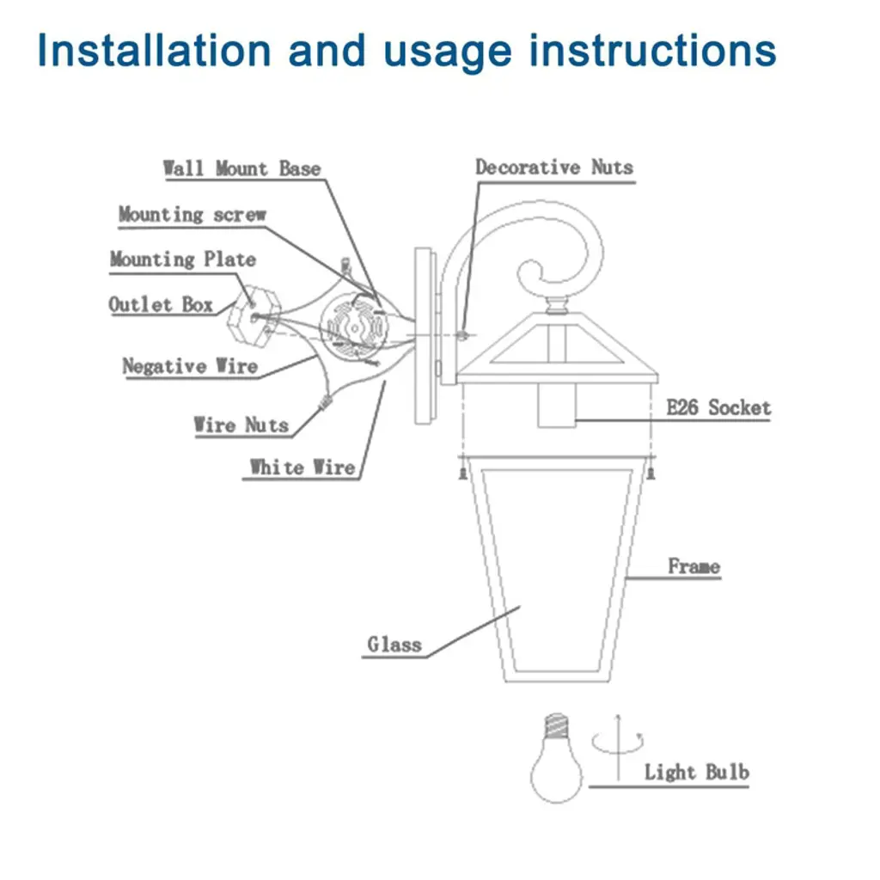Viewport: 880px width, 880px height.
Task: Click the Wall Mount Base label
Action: [241, 168]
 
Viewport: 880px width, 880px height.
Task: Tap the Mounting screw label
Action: [192, 214]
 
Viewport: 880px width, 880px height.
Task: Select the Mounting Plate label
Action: [182, 259]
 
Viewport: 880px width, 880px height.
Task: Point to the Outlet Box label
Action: [161, 304]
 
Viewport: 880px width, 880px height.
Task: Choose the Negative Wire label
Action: [190, 366]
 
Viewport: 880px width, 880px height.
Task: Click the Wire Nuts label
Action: [241, 425]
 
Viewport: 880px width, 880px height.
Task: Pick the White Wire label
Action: [302, 467]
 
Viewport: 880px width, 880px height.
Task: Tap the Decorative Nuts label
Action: [554, 167]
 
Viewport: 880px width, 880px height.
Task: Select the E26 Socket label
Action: [718, 407]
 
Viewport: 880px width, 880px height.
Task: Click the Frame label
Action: [694, 566]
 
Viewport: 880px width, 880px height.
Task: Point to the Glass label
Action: [394, 644]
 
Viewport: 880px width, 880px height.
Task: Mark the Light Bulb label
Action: [696, 772]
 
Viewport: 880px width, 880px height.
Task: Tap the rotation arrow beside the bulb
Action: [616, 744]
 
